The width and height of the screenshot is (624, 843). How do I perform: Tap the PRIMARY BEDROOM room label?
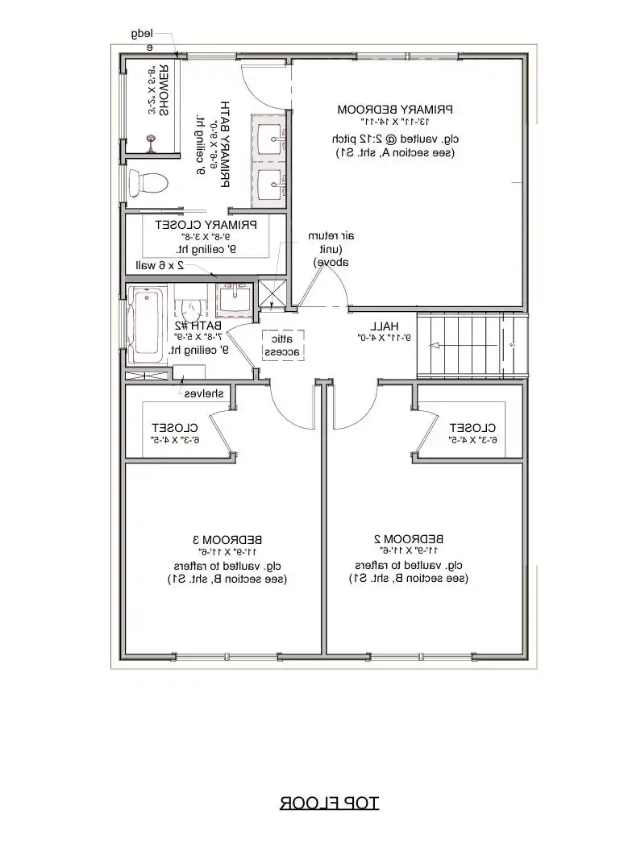pyautogui.click(x=395, y=109)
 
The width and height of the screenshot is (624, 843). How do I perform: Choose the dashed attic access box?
pyautogui.click(x=283, y=344)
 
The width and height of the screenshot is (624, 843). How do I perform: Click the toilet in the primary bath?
pyautogui.click(x=149, y=183)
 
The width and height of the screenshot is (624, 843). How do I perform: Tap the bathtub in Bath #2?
pyautogui.click(x=146, y=322)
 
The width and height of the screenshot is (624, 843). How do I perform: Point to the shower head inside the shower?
pyautogui.click(x=151, y=145)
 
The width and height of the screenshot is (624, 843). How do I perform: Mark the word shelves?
pyautogui.click(x=205, y=393)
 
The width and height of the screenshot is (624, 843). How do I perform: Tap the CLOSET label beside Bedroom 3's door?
pyautogui.click(x=177, y=427)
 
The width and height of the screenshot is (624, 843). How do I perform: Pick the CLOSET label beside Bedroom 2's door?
pyautogui.click(x=473, y=427)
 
